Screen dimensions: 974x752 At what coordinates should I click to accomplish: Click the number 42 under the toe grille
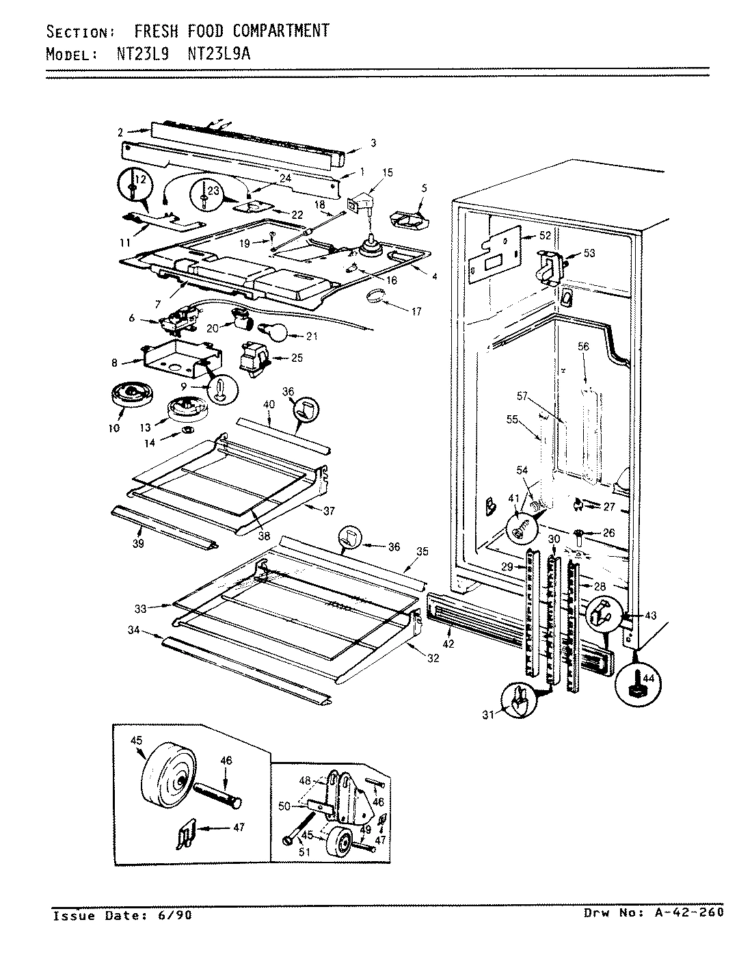[x=448, y=644]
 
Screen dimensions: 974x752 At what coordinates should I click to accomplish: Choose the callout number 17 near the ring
[x=416, y=312]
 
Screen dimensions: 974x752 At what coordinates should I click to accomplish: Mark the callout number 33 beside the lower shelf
[x=141, y=607]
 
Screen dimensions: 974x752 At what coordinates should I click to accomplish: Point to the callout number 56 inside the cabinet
[x=582, y=347]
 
